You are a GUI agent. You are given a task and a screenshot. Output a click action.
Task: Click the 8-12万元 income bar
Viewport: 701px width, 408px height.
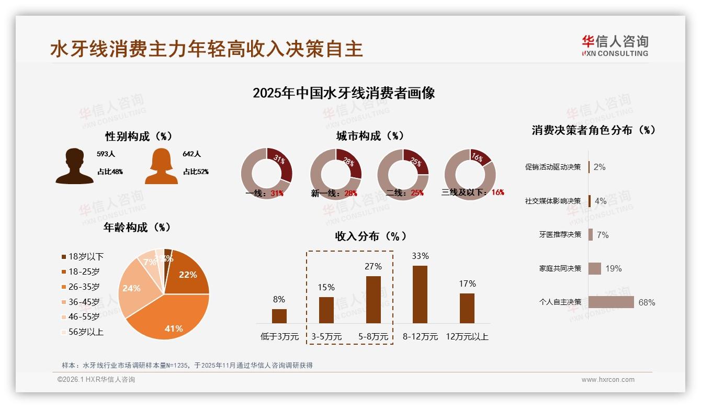[x=420, y=294]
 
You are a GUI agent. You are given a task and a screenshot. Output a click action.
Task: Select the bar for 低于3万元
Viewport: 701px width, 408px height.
[x=279, y=316]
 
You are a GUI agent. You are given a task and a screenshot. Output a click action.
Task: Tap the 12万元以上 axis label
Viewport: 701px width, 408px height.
[x=467, y=337]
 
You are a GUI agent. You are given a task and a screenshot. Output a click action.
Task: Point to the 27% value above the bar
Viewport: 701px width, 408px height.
[x=373, y=266]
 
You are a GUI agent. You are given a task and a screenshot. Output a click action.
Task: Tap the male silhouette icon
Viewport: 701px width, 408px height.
[x=75, y=166]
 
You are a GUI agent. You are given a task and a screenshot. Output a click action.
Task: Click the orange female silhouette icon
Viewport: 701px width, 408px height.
[x=161, y=166]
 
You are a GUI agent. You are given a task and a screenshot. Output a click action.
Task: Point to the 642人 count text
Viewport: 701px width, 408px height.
[x=192, y=154]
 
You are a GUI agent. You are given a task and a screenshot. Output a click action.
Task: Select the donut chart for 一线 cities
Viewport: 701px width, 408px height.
[x=266, y=174]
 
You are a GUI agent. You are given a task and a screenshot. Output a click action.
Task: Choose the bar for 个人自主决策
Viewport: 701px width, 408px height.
[x=611, y=302]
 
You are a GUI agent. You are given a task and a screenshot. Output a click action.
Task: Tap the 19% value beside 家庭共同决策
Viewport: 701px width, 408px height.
[x=614, y=269]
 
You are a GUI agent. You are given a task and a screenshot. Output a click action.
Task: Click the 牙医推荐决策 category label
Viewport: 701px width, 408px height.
[x=560, y=235]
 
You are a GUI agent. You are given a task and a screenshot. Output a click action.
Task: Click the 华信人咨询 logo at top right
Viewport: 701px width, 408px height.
[x=615, y=46]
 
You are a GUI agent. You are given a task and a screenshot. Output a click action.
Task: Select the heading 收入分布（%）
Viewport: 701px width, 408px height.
[x=370, y=236]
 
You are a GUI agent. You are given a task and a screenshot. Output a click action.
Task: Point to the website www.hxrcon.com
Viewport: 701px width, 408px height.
[x=608, y=380]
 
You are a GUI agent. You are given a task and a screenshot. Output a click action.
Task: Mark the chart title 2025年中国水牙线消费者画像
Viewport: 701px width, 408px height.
[x=344, y=93]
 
